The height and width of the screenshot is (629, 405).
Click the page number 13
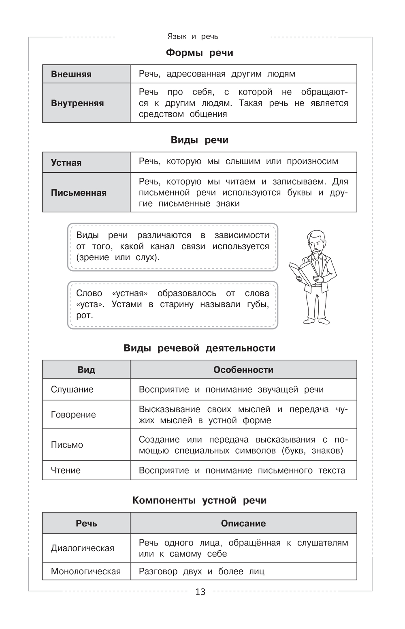200,592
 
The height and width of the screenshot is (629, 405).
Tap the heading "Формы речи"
200,53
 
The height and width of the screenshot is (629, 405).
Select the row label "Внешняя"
71,74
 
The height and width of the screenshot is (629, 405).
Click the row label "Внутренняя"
77,103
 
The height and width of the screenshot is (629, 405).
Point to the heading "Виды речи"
200,140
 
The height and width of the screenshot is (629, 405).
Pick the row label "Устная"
66,163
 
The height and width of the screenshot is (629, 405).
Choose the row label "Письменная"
79,193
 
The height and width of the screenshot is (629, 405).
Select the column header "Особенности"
243,370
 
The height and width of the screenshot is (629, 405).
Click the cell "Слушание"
72,389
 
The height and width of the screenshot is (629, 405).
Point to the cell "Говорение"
73,415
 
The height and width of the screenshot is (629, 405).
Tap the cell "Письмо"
67,445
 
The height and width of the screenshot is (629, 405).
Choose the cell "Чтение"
66,471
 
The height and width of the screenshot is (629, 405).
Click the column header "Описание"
243,523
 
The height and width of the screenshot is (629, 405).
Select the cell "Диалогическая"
83,548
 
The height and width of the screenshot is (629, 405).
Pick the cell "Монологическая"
86,571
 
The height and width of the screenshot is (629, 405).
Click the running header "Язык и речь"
193,36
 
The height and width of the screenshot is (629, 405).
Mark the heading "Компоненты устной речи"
200,501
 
